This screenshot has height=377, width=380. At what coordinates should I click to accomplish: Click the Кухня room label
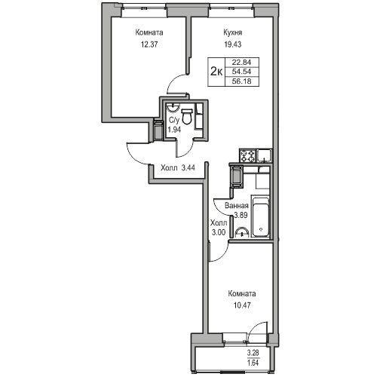233,32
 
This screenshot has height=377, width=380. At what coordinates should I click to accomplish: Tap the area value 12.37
149,44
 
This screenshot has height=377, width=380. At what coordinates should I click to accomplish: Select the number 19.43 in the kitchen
233,44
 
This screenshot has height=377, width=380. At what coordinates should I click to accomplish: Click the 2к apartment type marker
216,72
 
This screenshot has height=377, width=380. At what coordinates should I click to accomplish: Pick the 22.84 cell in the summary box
241,62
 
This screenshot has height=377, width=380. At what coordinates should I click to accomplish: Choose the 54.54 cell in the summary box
241,72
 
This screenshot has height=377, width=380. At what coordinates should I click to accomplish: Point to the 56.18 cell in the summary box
241,81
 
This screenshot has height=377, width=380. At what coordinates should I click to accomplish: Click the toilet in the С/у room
186,116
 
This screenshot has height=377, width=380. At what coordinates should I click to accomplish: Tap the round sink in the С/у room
173,107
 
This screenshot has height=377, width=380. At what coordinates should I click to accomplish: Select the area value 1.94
174,130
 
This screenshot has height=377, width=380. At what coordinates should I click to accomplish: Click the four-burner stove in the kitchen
248,155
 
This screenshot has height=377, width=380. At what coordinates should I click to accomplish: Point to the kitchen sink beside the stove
264,155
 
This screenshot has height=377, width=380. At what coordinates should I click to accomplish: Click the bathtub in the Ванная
261,217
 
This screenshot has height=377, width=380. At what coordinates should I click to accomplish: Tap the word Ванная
237,206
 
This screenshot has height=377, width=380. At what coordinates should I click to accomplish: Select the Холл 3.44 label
178,167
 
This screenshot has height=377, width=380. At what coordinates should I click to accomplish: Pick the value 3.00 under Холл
219,233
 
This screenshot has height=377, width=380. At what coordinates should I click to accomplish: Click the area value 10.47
242,305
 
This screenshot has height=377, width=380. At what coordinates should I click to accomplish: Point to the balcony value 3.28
253,353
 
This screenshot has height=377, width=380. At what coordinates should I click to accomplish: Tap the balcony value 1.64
253,363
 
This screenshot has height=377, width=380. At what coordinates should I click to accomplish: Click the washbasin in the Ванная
242,232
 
